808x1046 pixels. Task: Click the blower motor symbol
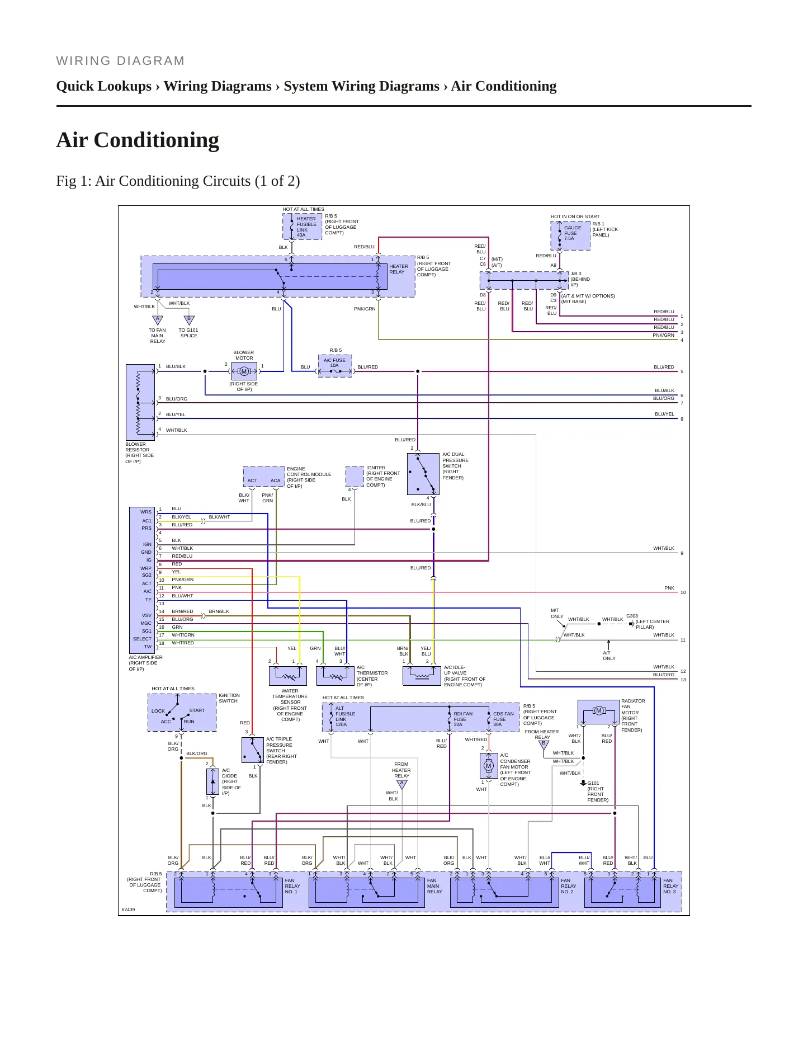coord(244,371)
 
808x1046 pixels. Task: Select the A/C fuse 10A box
coord(335,366)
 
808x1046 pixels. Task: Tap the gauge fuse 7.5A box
coord(570,235)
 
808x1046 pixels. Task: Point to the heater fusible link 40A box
coord(303,227)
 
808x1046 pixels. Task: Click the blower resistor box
coord(140,402)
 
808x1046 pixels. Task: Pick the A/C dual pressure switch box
coord(423,474)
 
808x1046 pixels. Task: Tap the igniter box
coord(355,477)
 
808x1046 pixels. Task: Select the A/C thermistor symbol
coord(335,676)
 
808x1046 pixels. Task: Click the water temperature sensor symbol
coord(288,676)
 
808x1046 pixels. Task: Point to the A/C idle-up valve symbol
coord(422,676)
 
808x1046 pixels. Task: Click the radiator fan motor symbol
coord(599,712)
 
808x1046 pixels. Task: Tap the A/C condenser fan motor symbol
coord(489,766)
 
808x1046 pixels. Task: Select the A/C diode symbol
coord(212,781)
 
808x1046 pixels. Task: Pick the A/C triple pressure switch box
coord(253,750)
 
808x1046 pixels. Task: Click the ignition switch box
coord(182,713)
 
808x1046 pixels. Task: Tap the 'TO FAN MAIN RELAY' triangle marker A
coord(158,320)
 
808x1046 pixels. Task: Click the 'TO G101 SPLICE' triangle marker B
coord(189,320)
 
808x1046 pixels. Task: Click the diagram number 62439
coord(128,910)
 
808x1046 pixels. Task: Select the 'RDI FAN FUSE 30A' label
coord(462,719)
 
